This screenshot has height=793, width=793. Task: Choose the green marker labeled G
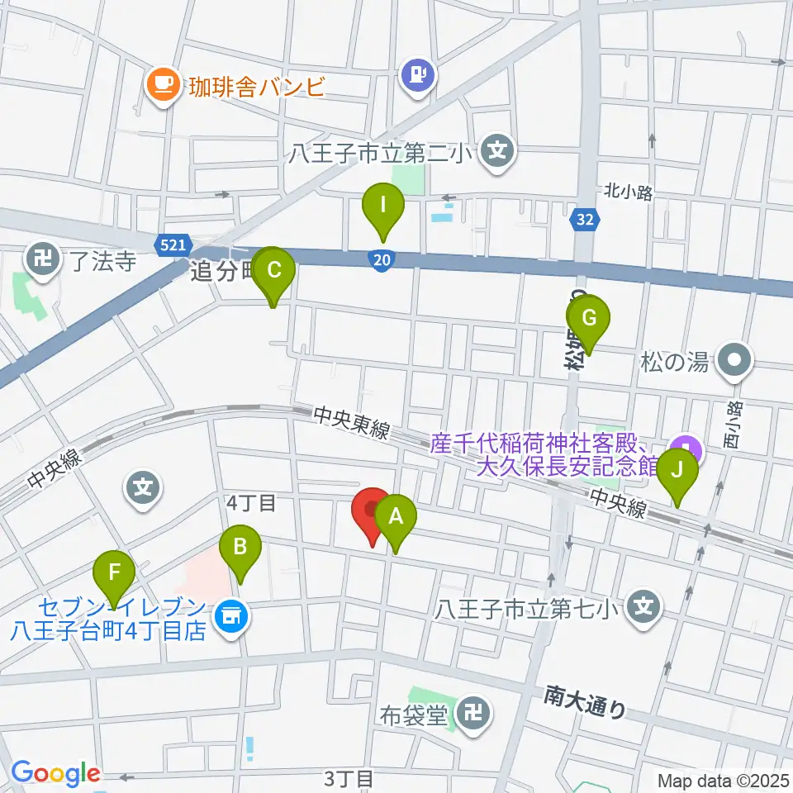(x=588, y=318)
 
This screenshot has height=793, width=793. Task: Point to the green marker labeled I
(x=383, y=204)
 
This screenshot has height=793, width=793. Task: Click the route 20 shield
(x=381, y=259)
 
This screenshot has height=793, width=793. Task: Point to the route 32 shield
(x=585, y=220)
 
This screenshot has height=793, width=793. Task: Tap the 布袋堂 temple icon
(x=473, y=712)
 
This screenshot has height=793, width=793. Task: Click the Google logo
(x=55, y=773)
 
